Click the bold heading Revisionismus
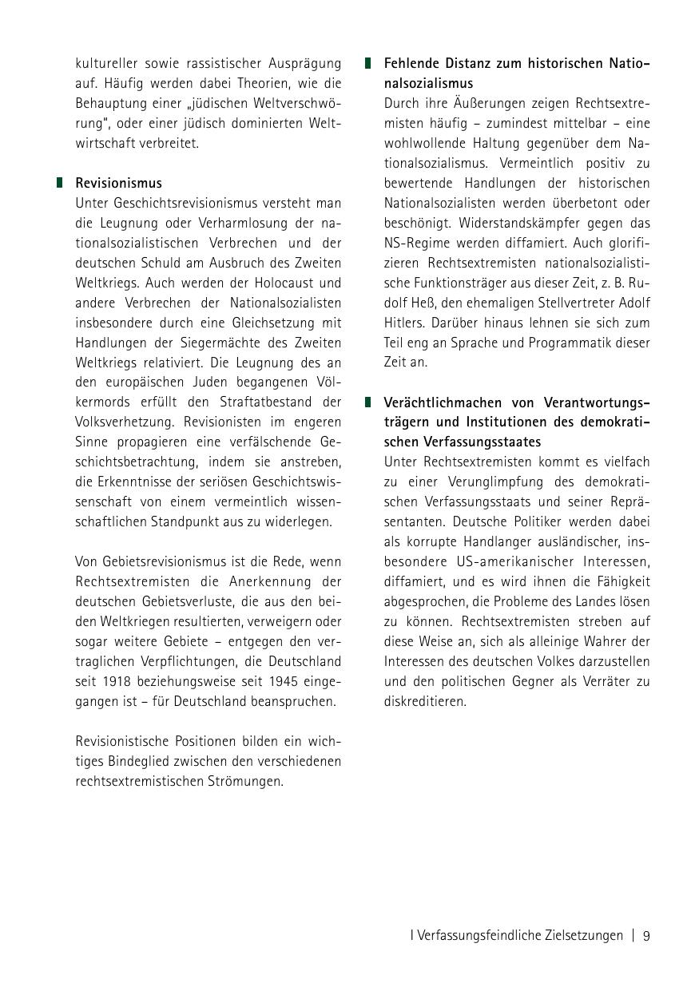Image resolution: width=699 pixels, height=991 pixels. (x=118, y=183)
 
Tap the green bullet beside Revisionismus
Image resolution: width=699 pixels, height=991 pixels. (x=59, y=183)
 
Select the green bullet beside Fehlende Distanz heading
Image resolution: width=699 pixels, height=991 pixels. (x=368, y=62)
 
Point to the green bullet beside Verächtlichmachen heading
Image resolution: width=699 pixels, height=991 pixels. (x=368, y=402)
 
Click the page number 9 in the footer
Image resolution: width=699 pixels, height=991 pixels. (x=646, y=935)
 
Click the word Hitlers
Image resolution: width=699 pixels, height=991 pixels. (x=404, y=323)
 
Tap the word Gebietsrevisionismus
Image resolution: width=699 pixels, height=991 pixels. (x=151, y=561)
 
